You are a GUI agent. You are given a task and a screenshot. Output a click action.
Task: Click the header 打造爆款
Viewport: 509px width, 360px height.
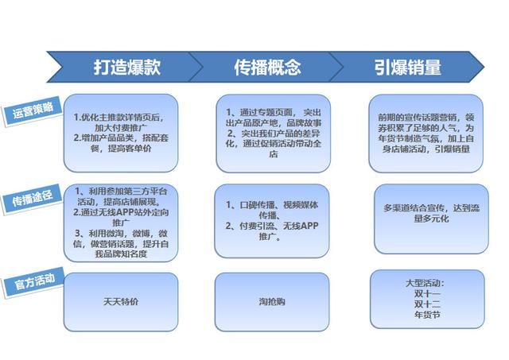coord(127,67)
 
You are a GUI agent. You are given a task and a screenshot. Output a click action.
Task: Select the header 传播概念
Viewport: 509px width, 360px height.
coord(267,67)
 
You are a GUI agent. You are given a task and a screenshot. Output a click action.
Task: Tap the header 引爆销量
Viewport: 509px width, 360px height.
coord(408,67)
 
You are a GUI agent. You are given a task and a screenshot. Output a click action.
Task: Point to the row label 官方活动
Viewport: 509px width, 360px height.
coord(34,281)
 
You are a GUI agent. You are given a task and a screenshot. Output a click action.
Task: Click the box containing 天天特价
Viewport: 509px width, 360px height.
coord(121,302)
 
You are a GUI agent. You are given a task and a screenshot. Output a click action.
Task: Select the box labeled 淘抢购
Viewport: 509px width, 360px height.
coord(272,302)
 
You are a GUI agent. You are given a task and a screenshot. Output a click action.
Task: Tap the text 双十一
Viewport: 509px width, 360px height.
coord(427,294)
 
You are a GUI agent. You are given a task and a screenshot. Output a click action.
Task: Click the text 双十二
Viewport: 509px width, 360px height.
coord(427,304)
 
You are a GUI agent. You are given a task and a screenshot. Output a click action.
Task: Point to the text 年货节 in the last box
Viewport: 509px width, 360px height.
coord(427,315)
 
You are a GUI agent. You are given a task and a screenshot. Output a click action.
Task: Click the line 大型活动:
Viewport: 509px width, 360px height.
coord(425,283)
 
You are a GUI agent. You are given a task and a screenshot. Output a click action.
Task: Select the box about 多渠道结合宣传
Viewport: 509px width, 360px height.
coord(431,219)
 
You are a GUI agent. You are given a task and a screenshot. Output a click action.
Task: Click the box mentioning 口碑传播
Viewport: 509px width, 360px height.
coord(272,221)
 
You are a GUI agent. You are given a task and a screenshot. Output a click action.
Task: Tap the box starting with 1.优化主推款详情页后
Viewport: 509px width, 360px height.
coord(121,133)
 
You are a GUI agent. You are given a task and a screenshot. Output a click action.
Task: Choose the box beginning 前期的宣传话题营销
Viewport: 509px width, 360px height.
coord(426,134)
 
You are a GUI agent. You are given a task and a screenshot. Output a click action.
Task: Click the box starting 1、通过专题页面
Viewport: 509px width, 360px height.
coord(274,134)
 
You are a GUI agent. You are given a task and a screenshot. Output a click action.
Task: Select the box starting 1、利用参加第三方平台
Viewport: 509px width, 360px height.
coord(121,223)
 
